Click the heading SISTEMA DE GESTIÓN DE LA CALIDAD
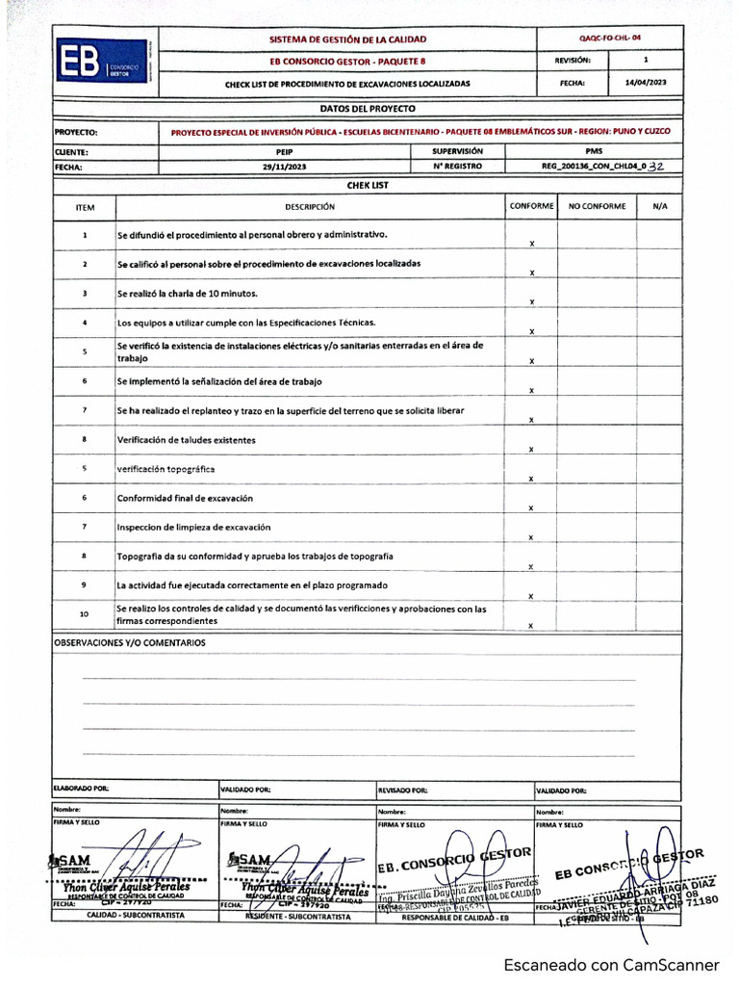(348, 39)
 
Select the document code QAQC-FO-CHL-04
(610, 38)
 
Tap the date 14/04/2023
(645, 83)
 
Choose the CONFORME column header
(531, 206)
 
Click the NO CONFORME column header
(597, 206)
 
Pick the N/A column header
(659, 206)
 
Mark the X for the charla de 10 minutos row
(531, 302)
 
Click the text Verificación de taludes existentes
(187, 440)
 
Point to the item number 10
(84, 614)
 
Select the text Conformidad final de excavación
(185, 499)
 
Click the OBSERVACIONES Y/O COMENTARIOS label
(129, 642)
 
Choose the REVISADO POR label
(402, 789)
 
